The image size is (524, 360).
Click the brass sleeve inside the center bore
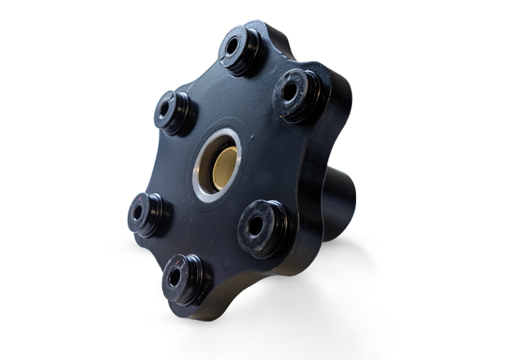[x=220, y=162]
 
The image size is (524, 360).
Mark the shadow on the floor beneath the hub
[x=270, y=315]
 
